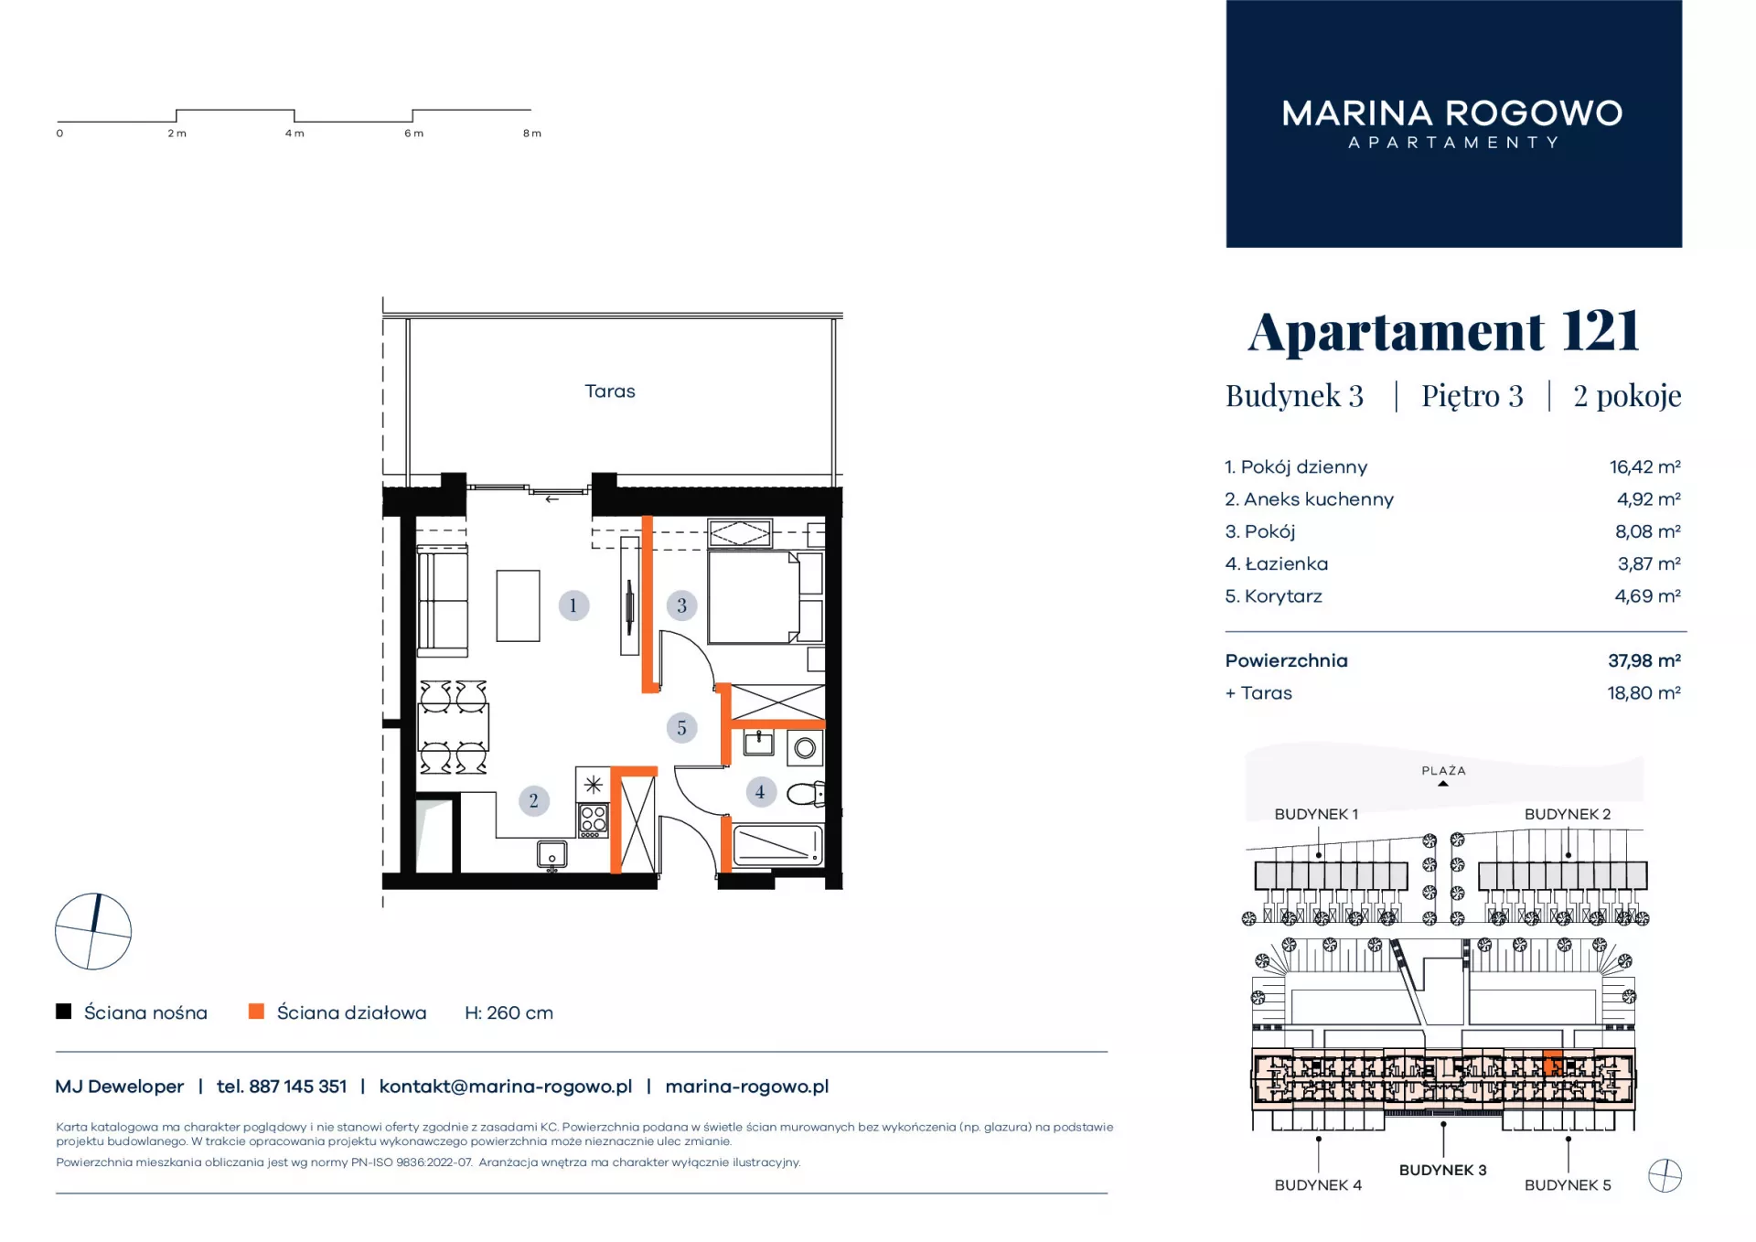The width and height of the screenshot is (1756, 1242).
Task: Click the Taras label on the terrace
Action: tap(610, 391)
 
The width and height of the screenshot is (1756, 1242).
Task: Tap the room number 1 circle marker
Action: tap(573, 605)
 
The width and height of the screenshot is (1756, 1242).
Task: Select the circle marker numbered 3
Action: tap(681, 605)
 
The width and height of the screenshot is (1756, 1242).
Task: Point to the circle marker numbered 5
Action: tap(681, 728)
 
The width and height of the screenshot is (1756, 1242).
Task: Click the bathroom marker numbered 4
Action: tap(760, 792)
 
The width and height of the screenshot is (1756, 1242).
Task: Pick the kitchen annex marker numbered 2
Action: tap(533, 801)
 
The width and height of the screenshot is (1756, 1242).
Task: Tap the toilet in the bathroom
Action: tap(806, 794)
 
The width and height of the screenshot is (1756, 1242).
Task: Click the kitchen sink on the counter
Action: tap(552, 855)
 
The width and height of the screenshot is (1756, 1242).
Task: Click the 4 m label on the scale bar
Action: tap(294, 134)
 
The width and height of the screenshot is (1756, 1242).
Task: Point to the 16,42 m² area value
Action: tap(1644, 467)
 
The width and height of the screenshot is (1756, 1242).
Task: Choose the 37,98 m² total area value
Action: tap(1644, 660)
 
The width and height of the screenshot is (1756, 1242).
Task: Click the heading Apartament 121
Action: tap(1443, 331)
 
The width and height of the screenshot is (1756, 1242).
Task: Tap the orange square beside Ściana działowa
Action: tap(257, 1012)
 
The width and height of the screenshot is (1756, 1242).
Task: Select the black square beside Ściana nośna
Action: tap(64, 1012)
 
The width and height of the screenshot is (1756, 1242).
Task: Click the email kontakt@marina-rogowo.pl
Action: tap(506, 1087)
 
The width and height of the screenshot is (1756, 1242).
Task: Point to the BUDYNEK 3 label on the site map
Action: tap(1442, 1170)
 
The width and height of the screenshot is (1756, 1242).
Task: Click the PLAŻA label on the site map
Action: tap(1443, 771)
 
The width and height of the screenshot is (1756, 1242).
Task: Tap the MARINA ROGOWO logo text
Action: tap(1452, 113)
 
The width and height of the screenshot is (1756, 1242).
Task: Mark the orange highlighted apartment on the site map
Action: tap(1552, 1065)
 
